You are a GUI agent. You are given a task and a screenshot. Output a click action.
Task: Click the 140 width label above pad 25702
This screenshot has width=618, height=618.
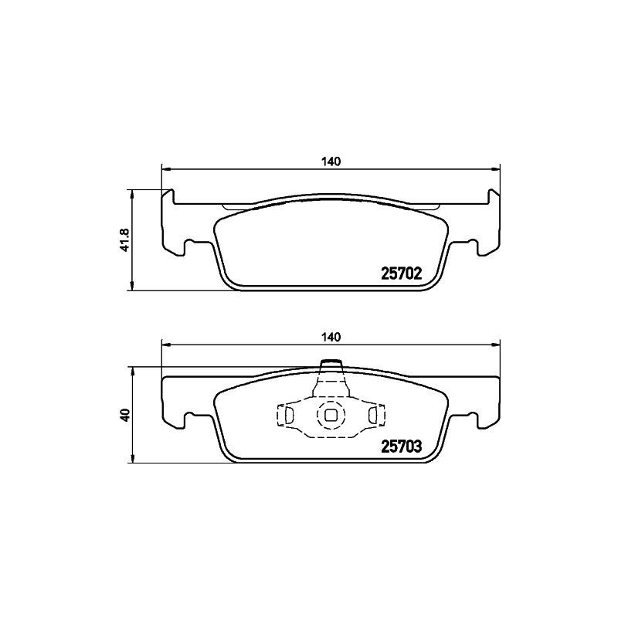331,161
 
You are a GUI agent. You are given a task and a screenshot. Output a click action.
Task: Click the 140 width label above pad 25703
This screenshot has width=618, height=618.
331,338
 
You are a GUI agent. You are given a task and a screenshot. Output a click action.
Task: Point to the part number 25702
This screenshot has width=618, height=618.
401,273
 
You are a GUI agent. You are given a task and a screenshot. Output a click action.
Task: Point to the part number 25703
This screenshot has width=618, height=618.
401,446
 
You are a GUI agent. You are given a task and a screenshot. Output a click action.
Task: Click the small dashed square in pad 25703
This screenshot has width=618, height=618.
331,415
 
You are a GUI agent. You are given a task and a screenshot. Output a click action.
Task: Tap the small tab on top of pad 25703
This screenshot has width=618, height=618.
331,366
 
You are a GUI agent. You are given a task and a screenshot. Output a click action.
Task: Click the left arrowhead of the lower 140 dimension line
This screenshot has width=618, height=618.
165,344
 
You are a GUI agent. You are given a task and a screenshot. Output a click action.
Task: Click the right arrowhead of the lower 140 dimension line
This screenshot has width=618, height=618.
497,344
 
